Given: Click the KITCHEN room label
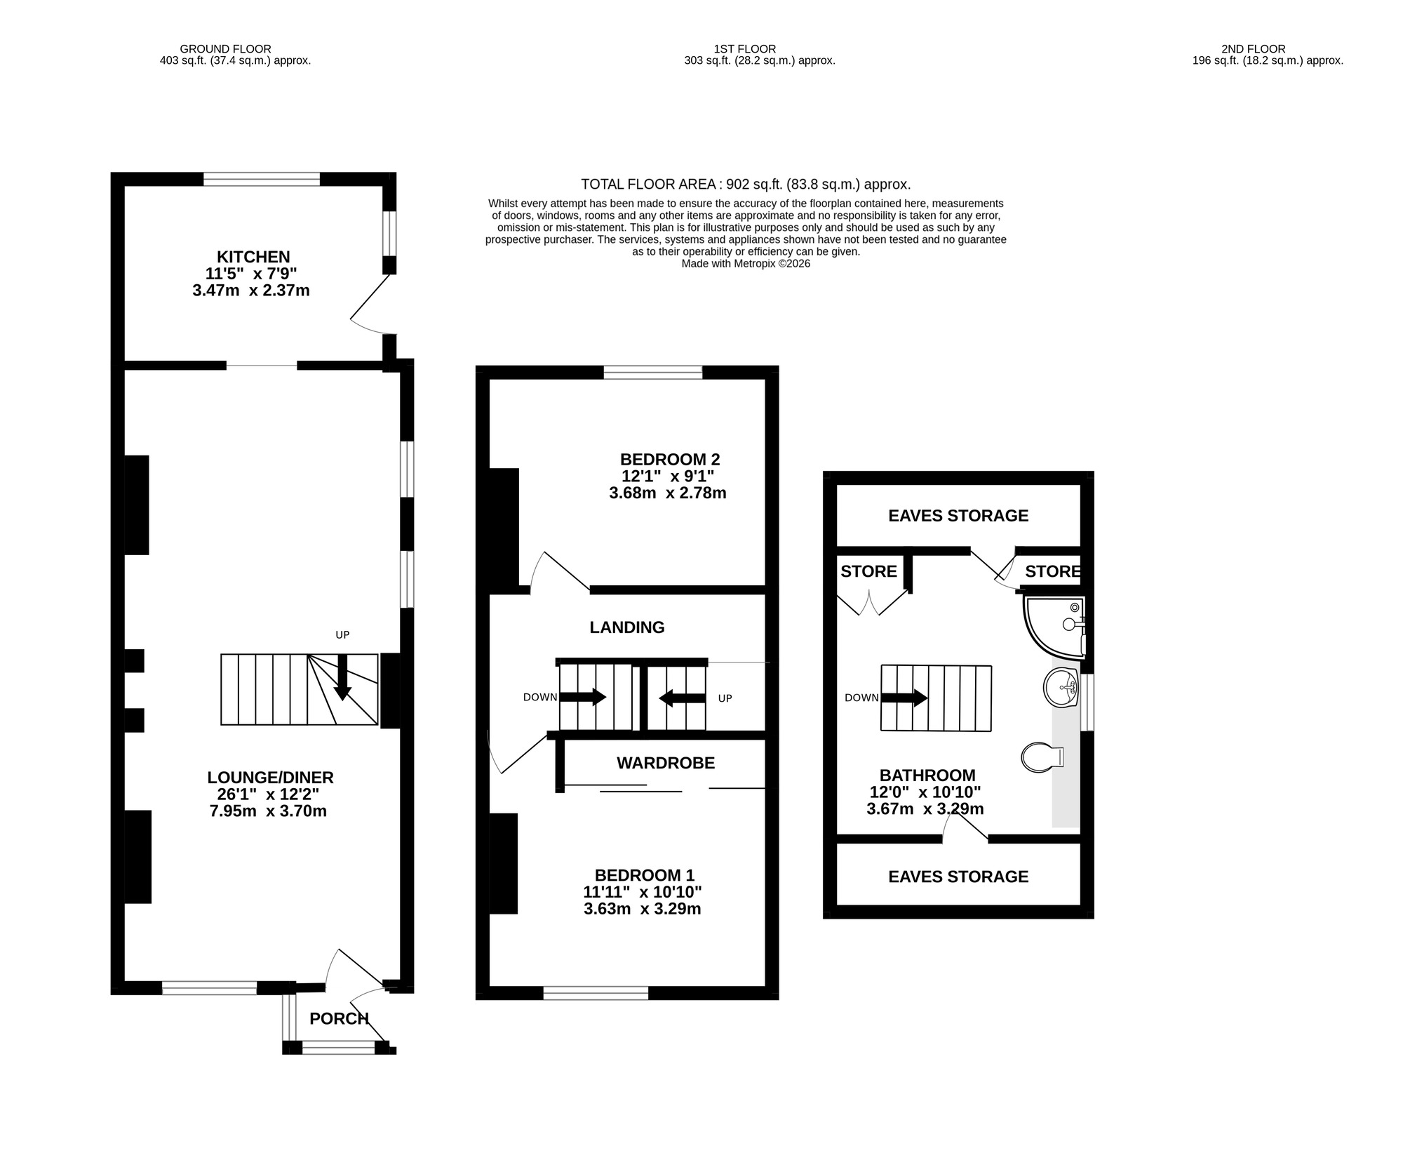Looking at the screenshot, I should pyautogui.click(x=253, y=257).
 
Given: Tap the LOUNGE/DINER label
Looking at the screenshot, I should pyautogui.click(x=270, y=778).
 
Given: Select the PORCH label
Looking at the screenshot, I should pyautogui.click(x=339, y=1018).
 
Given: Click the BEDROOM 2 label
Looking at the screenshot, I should pyautogui.click(x=669, y=460).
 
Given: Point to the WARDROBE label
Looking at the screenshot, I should pyautogui.click(x=665, y=763).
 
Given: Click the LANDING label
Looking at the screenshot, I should pyautogui.click(x=626, y=627).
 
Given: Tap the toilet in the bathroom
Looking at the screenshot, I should pyautogui.click(x=1042, y=757).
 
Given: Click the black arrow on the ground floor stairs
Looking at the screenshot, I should pyautogui.click(x=342, y=678).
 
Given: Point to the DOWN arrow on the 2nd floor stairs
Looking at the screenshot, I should pyautogui.click(x=904, y=698).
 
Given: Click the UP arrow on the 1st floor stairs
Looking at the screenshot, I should pyautogui.click(x=682, y=698).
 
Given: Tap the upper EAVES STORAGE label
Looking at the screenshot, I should pyautogui.click(x=958, y=516).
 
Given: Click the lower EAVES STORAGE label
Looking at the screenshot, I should pyautogui.click(x=958, y=877).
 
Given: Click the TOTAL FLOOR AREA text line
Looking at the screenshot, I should pyautogui.click(x=745, y=185).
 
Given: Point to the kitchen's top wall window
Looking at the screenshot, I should pyautogui.click(x=262, y=180).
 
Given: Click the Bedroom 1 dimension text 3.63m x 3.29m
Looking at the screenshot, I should pyautogui.click(x=642, y=909).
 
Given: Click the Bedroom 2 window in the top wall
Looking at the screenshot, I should pyautogui.click(x=652, y=373).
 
